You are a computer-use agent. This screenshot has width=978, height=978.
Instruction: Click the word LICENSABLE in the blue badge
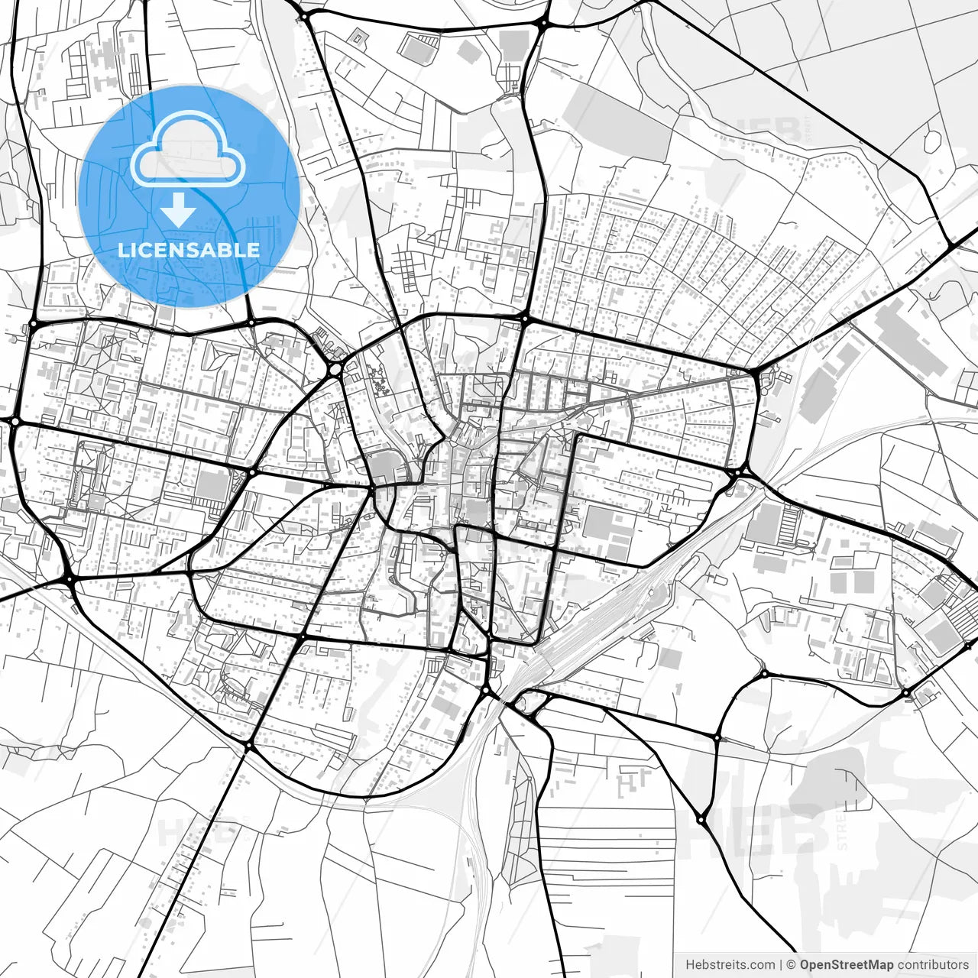(189, 250)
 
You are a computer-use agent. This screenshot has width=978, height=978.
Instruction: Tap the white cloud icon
(188, 150)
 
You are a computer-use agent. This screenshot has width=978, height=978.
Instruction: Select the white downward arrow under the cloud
(178, 209)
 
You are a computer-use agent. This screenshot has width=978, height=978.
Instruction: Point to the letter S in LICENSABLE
(199, 250)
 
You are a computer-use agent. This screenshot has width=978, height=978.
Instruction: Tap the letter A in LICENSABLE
(215, 250)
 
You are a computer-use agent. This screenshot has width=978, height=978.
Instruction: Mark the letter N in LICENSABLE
(183, 250)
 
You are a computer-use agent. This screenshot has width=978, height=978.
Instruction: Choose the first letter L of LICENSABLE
(124, 250)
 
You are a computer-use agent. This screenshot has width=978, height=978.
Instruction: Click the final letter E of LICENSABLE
(254, 250)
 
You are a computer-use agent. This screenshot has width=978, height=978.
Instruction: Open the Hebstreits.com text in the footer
(730, 964)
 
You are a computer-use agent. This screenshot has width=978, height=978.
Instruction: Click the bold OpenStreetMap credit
(847, 964)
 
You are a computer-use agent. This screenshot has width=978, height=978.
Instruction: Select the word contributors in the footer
(932, 964)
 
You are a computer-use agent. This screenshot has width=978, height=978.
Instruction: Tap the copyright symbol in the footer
(792, 964)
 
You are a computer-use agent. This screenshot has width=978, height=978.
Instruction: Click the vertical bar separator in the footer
(781, 964)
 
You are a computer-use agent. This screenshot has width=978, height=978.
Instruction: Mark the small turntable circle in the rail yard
(650, 591)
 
